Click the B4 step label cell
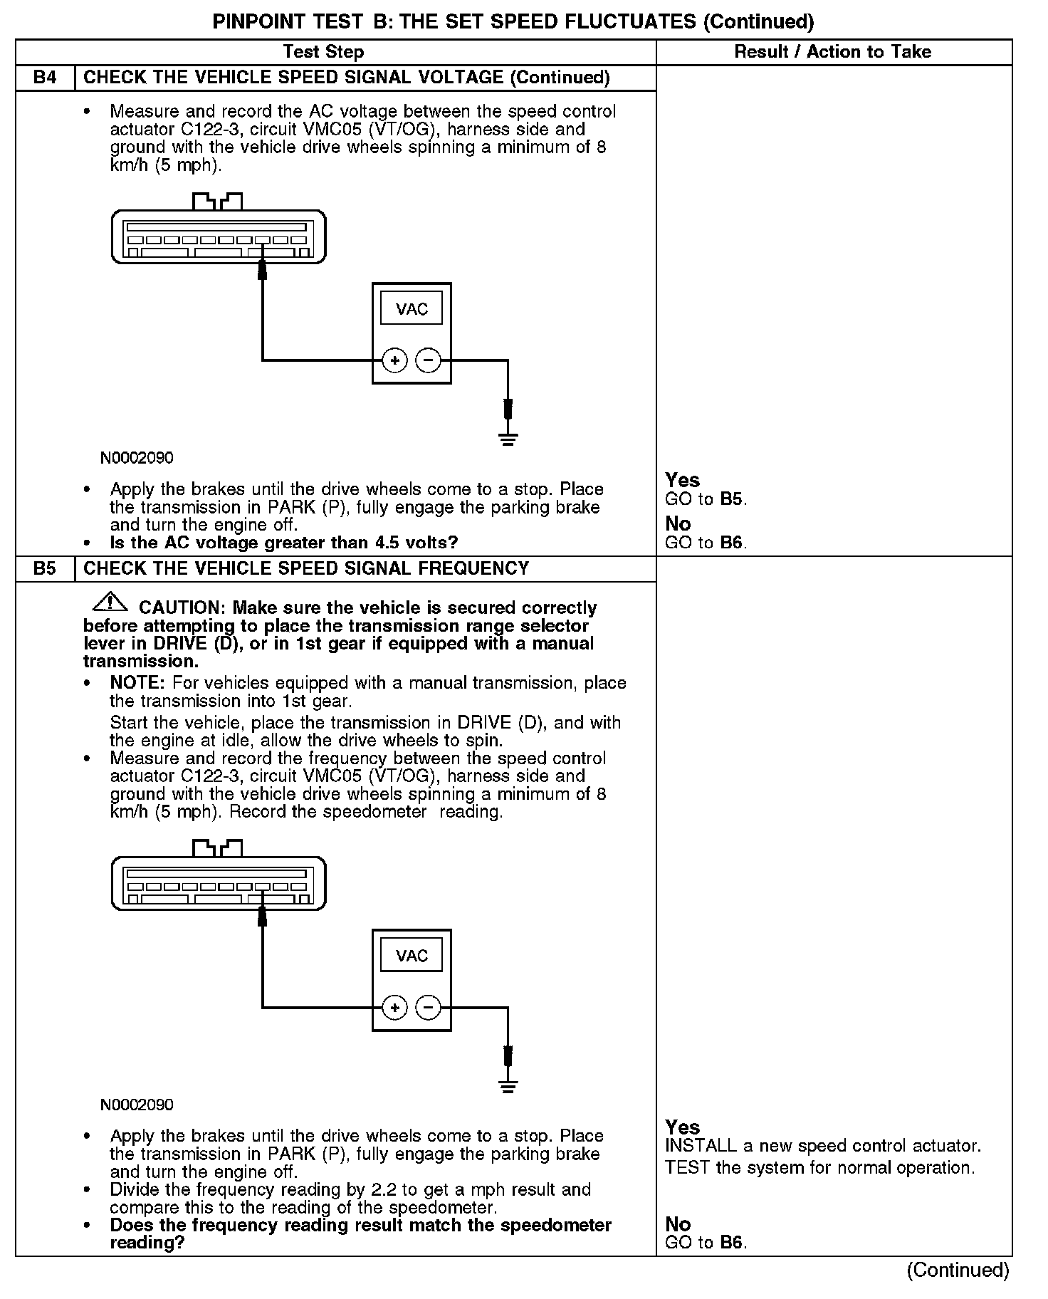click(45, 78)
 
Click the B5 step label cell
click(45, 569)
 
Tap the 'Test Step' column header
click(323, 52)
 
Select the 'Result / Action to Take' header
click(832, 52)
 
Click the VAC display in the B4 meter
click(412, 309)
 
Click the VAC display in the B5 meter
click(412, 956)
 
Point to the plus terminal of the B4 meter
click(394, 361)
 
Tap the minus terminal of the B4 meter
click(428, 361)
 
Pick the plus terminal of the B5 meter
click(394, 1008)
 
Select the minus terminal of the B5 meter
click(428, 1008)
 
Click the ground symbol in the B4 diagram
click(508, 439)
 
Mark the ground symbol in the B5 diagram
click(508, 1086)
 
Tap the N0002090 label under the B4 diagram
click(137, 458)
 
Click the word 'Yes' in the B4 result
click(682, 480)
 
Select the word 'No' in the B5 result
click(678, 1224)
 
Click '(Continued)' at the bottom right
click(958, 1270)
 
